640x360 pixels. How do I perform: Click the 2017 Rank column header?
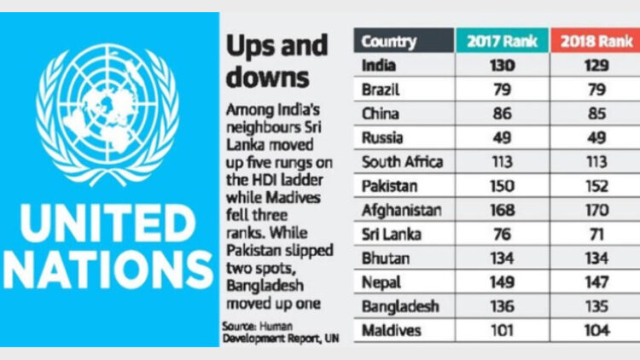(x=495, y=41)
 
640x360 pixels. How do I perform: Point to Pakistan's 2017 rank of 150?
(x=495, y=184)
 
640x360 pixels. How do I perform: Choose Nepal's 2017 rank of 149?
(x=495, y=281)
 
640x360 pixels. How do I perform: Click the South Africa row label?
(x=403, y=160)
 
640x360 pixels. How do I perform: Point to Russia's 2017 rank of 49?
(x=495, y=136)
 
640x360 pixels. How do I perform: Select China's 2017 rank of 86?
(x=495, y=113)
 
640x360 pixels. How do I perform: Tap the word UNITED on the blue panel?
(x=107, y=224)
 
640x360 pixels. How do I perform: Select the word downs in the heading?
(x=266, y=77)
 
